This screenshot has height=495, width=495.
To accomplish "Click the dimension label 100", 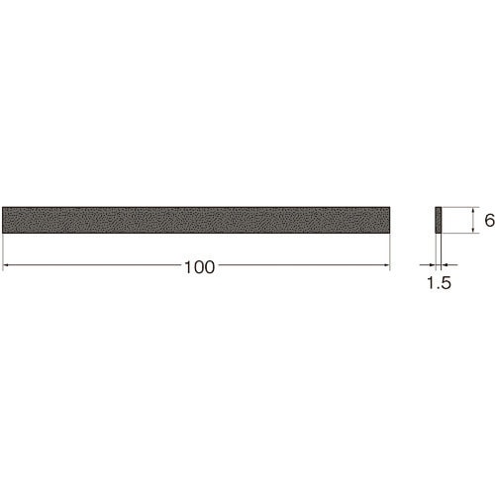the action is pyautogui.click(x=199, y=267).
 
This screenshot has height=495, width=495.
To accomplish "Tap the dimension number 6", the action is pyautogui.click(x=489, y=220).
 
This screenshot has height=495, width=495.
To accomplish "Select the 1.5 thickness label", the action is pyautogui.click(x=439, y=283).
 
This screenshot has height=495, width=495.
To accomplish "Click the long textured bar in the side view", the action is pyautogui.click(x=196, y=220).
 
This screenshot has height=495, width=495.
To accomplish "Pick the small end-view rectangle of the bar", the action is pyautogui.click(x=439, y=220).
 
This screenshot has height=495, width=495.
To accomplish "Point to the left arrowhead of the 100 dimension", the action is pyautogui.click(x=5, y=264).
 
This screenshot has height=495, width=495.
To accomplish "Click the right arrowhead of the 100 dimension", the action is pyautogui.click(x=387, y=264).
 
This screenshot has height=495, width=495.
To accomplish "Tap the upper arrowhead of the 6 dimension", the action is pyautogui.click(x=474, y=210).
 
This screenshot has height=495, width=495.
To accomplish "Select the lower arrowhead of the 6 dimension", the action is pyautogui.click(x=474, y=230).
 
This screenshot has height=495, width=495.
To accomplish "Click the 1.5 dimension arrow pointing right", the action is pyautogui.click(x=428, y=264).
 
